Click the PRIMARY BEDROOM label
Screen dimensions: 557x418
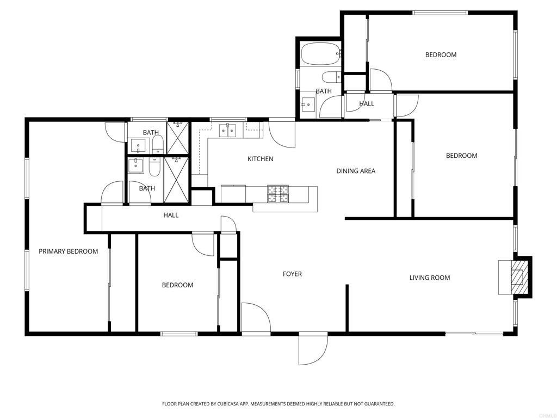(68, 251)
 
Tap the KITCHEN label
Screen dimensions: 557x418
(261, 159)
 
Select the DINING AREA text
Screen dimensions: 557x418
(356, 171)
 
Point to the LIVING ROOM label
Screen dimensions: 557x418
(430, 278)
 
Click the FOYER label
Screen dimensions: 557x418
(292, 274)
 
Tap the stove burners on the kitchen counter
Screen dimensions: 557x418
(278, 194)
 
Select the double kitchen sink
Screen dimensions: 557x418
(227, 131)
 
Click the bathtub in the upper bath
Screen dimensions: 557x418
(321, 54)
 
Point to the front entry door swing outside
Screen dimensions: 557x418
(313, 350)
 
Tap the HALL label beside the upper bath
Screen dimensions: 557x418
(366, 104)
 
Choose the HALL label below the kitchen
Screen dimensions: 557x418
(171, 215)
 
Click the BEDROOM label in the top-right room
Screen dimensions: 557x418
(441, 55)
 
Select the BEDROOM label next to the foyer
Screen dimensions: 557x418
(178, 285)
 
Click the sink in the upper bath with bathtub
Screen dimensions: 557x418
(308, 103)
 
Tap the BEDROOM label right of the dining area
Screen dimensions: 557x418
(461, 156)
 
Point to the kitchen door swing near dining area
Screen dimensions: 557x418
(282, 134)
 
